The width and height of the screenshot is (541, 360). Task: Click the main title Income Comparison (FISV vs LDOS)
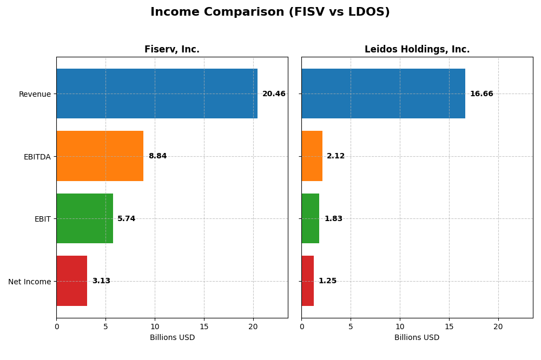pyautogui.click(x=270, y=12)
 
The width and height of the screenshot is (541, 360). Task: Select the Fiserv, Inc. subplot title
pyautogui.click(x=172, y=50)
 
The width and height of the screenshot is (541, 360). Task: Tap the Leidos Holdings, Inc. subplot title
pyautogui.click(x=417, y=50)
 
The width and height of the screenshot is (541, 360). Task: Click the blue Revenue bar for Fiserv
pyautogui.click(x=157, y=94)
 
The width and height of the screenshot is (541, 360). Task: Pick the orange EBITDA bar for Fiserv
pyautogui.click(x=100, y=156)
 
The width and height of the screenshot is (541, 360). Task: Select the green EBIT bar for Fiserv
pyautogui.click(x=84, y=218)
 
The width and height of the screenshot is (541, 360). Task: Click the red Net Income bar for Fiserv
pyautogui.click(x=72, y=281)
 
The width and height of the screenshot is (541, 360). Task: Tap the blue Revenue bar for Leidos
pyautogui.click(x=383, y=94)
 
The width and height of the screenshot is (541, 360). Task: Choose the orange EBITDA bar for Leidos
pyautogui.click(x=312, y=156)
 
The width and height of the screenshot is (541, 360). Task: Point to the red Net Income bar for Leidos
pyautogui.click(x=308, y=281)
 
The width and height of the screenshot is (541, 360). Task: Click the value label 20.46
pyautogui.click(x=274, y=94)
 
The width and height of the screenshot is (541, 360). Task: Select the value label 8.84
pyautogui.click(x=157, y=156)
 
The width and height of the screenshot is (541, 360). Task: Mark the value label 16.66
pyautogui.click(x=481, y=94)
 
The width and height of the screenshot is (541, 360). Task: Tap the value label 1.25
pyautogui.click(x=327, y=281)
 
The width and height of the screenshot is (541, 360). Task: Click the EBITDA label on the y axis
pyautogui.click(x=37, y=157)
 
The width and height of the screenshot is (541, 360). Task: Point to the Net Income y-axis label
pyautogui.click(x=30, y=282)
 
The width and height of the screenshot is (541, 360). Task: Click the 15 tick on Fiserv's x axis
pyautogui.click(x=204, y=326)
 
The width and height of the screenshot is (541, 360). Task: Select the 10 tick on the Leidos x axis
pyautogui.click(x=400, y=326)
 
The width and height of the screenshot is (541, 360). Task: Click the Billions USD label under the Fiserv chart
pyautogui.click(x=172, y=338)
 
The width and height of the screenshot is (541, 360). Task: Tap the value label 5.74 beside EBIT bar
pyautogui.click(x=126, y=219)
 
